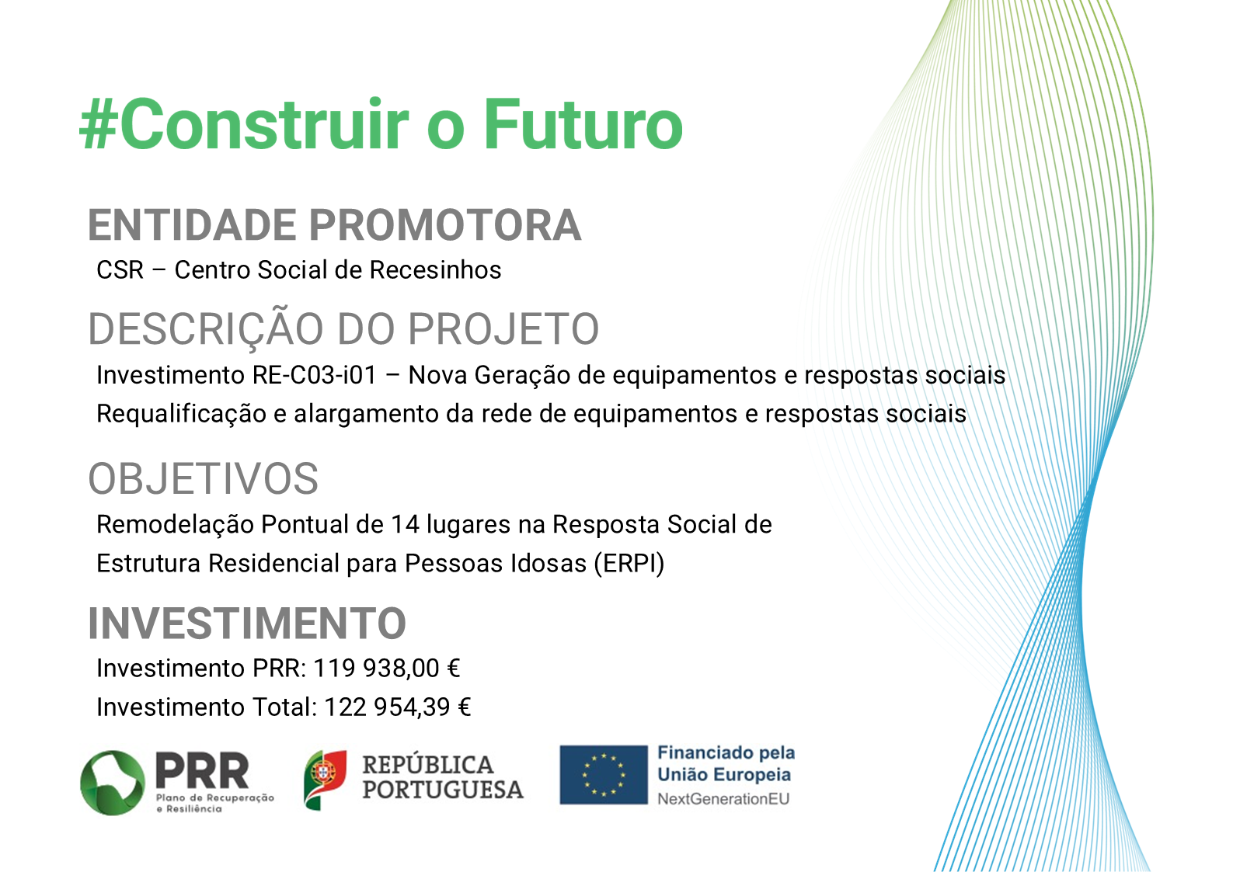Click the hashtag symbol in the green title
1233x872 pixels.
(99, 124)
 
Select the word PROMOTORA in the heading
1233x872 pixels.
(444, 225)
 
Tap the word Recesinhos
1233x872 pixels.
(435, 269)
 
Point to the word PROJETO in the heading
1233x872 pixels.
(503, 329)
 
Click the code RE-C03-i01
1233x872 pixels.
(315, 375)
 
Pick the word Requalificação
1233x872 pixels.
(181, 415)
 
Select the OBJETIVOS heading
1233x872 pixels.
(203, 478)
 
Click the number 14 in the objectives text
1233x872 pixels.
(405, 524)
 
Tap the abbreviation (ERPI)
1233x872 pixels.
(629, 564)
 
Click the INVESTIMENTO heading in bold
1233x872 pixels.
(247, 624)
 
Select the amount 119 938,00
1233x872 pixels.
(377, 669)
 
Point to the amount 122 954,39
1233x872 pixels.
(388, 707)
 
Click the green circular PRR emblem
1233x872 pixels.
(113, 783)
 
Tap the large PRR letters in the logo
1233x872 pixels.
(202, 771)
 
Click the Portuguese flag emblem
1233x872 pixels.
(325, 780)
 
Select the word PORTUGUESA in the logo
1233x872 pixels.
(443, 790)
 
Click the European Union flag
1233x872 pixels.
(603, 775)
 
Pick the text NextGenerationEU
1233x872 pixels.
(723, 799)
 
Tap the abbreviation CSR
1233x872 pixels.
(120, 269)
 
